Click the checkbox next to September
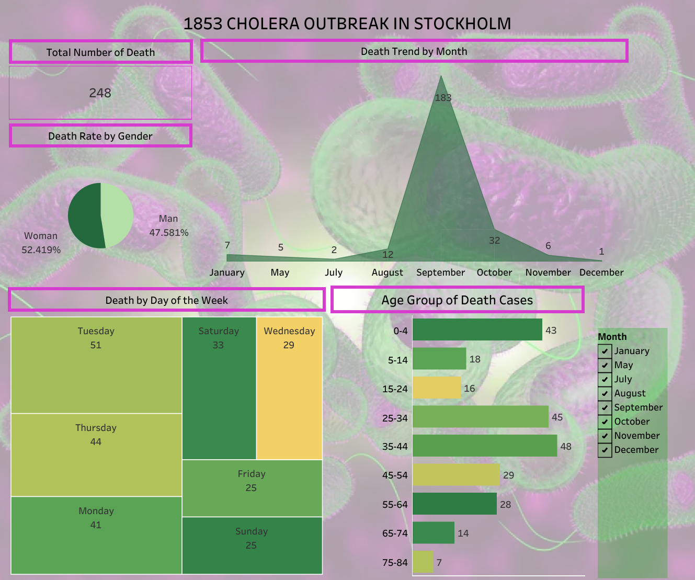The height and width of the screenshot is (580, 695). tap(605, 407)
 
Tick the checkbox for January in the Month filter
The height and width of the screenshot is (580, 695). tap(605, 351)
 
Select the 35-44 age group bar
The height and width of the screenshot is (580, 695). tap(484, 446)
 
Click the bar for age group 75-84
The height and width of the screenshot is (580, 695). tap(423, 562)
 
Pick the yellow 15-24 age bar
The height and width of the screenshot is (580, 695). tap(437, 388)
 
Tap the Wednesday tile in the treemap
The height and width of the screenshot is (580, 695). tap(289, 388)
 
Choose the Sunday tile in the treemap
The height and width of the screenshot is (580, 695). tap(252, 545)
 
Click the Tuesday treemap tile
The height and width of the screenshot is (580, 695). tap(96, 365)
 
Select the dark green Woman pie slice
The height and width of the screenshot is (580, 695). tap(84, 215)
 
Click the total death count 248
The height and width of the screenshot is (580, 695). tap(100, 93)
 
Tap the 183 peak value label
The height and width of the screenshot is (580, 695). tap(443, 98)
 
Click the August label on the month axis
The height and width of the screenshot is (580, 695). tap(387, 272)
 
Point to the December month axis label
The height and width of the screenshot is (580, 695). tap(601, 272)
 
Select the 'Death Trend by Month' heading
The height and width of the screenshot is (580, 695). tap(414, 51)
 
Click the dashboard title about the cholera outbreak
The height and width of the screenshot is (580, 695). tap(347, 24)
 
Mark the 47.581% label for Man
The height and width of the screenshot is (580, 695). tap(169, 232)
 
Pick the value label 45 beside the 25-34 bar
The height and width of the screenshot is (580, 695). tap(557, 417)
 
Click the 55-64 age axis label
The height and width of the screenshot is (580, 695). tap(395, 505)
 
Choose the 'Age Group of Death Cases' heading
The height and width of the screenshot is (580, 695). tap(457, 300)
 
